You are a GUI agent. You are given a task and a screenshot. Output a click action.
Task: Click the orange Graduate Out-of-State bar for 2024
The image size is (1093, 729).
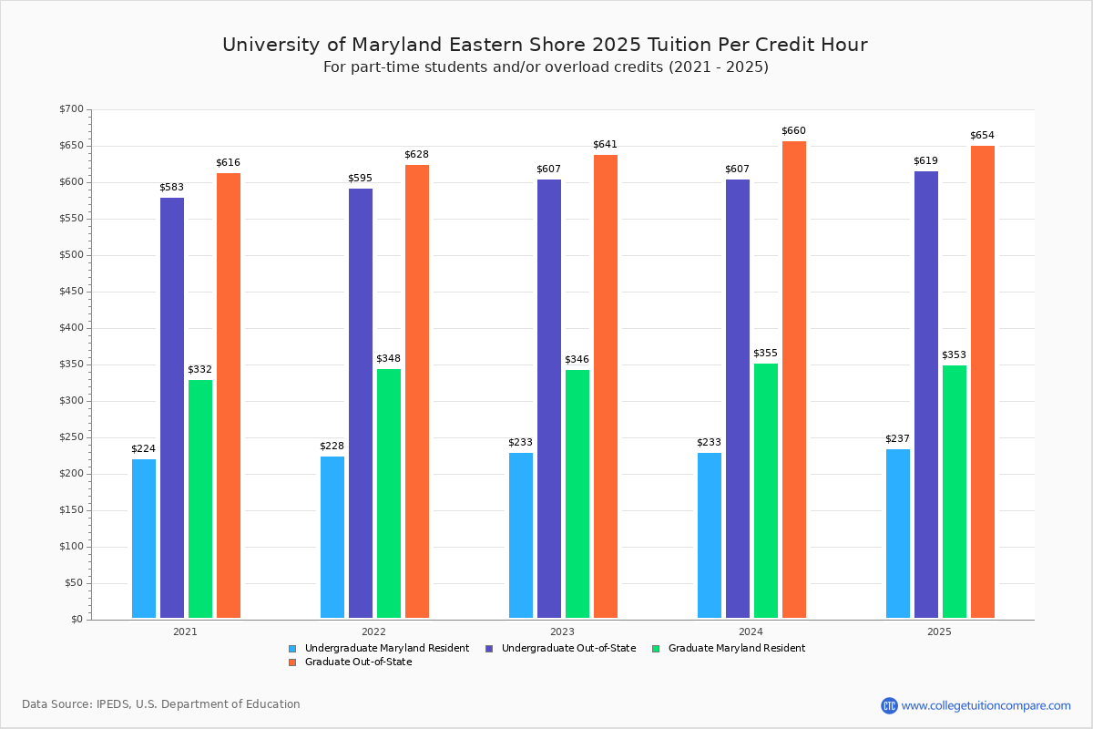(x=794, y=380)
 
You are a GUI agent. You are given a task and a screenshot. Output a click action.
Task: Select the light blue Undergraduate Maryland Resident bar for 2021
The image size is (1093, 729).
(x=144, y=539)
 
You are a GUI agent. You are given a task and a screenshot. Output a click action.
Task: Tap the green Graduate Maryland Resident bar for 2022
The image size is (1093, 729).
(x=389, y=493)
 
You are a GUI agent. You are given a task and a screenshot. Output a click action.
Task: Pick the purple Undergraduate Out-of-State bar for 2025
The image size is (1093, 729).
(x=926, y=395)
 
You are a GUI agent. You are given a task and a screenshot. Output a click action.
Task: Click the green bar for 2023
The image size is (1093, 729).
(x=577, y=494)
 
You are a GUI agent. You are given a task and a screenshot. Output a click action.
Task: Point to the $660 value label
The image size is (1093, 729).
(x=793, y=131)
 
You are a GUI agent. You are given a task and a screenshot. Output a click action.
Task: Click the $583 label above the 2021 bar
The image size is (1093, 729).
(x=171, y=188)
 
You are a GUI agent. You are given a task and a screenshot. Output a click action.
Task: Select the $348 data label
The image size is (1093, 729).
(x=388, y=359)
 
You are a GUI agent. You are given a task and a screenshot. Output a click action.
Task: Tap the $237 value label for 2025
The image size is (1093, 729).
(x=897, y=439)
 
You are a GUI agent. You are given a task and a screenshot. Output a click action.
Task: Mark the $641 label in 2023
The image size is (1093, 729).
(x=605, y=145)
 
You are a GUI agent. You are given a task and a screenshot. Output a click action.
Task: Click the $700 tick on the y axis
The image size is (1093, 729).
(x=71, y=109)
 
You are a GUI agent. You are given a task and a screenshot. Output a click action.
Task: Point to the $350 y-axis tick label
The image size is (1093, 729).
(x=71, y=364)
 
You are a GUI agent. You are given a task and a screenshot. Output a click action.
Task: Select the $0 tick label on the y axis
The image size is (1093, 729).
(x=77, y=620)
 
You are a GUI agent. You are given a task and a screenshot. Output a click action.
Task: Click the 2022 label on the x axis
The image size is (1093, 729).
(x=373, y=631)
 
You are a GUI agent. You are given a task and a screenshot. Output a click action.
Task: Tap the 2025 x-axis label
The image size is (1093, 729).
(x=939, y=631)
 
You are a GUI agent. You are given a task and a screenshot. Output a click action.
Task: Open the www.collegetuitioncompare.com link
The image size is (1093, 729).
(x=986, y=705)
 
